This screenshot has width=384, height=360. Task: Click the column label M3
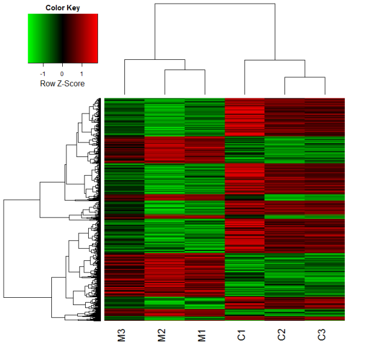[122, 335]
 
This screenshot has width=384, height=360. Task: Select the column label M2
[162, 335]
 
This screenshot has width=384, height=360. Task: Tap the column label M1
[202, 335]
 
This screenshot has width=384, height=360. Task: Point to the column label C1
[242, 335]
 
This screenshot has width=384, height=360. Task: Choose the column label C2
[281, 335]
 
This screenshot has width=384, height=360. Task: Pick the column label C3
[322, 335]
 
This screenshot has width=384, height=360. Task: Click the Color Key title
[63, 8]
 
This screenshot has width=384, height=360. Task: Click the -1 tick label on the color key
[43, 74]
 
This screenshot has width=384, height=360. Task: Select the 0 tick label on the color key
[62, 74]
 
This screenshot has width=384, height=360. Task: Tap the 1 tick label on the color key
[82, 74]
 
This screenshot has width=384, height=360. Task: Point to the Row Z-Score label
[62, 83]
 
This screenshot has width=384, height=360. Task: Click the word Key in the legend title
[73, 8]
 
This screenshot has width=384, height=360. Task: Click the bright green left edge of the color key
[29, 39]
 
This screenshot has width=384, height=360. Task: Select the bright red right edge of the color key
[97, 39]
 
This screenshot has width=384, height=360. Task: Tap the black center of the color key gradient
[62, 39]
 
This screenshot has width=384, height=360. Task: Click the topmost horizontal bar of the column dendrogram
[215, 4]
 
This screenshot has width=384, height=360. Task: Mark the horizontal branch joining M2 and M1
[185, 70]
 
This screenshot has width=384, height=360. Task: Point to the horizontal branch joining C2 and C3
[305, 77]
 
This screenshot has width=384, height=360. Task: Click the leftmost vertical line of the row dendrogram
[4, 249]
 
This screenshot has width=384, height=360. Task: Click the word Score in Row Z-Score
[74, 83]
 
